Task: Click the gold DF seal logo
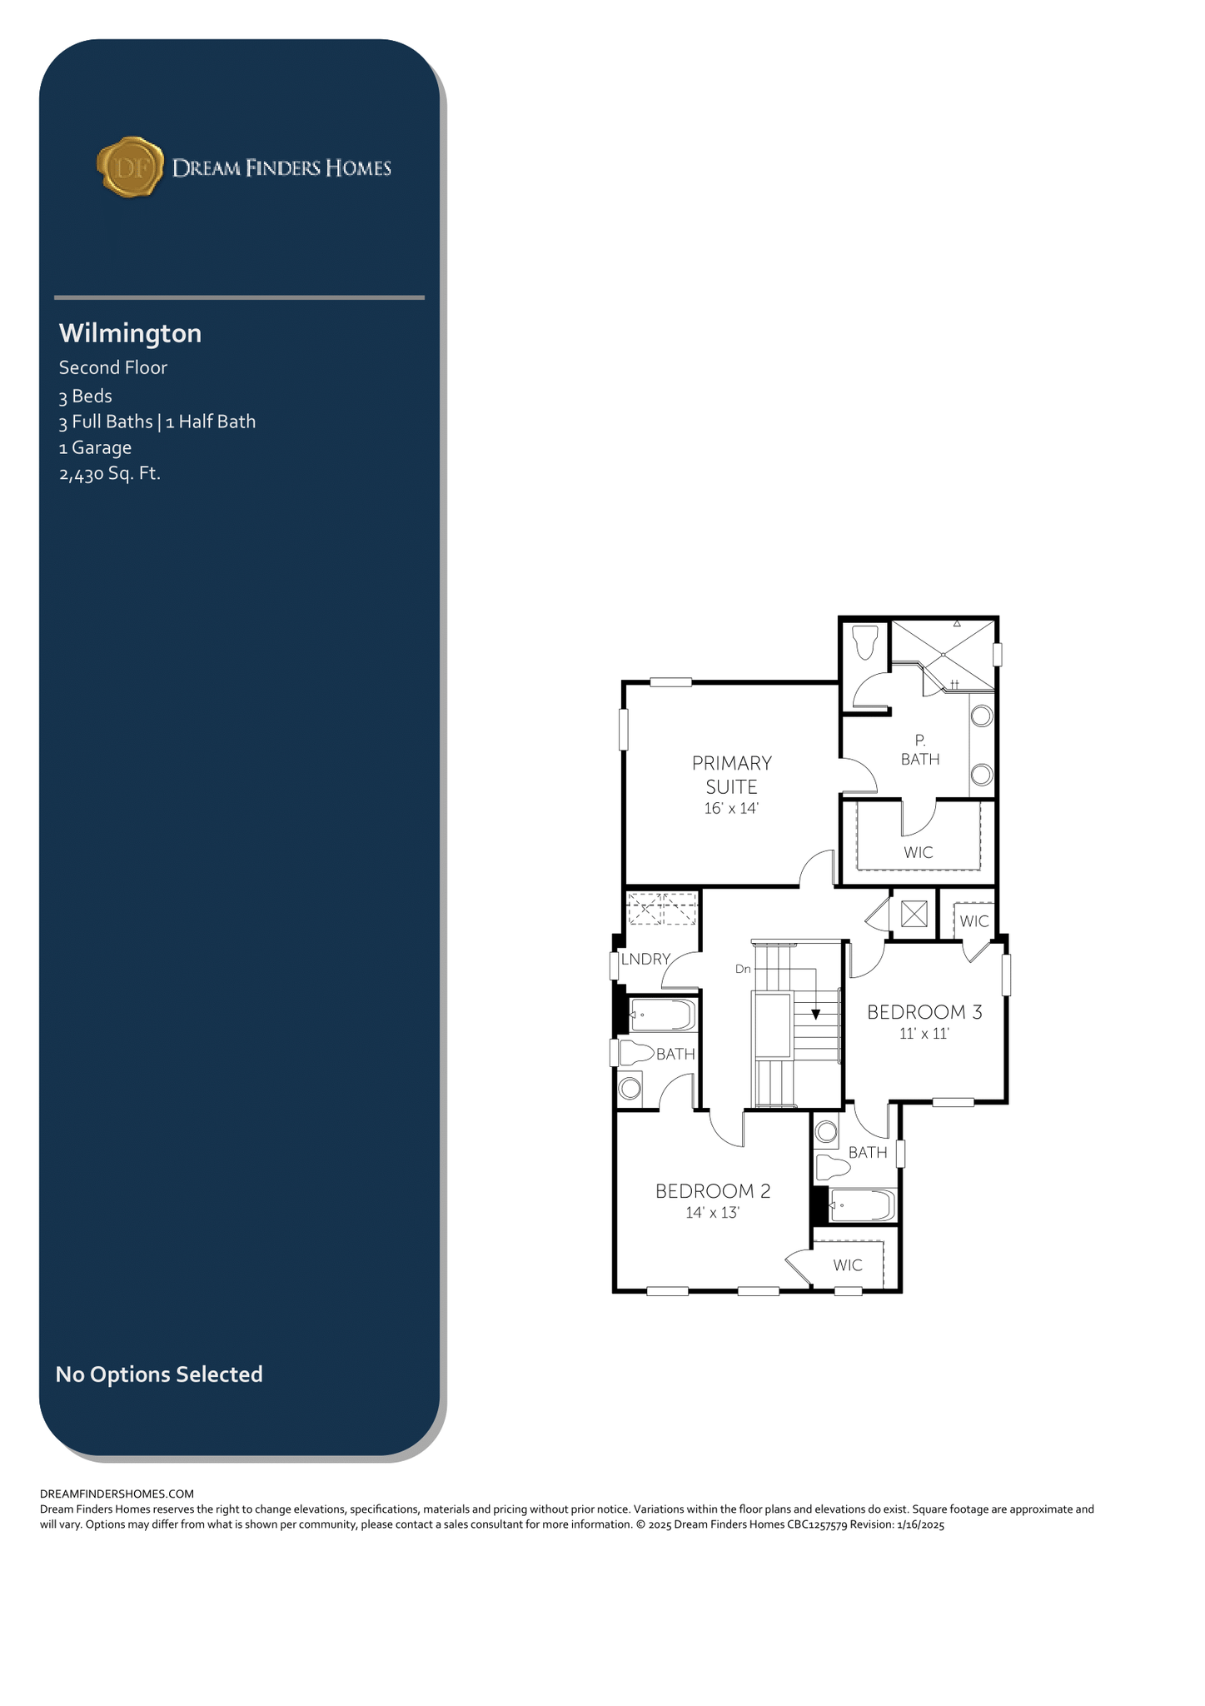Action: pos(130,167)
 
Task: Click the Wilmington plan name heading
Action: pos(130,333)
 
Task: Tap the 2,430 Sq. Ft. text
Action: pos(110,474)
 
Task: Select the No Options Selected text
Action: pos(159,1374)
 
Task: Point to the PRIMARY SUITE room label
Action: pos(732,775)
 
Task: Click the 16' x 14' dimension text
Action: pos(732,808)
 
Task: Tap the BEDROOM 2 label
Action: pos(713,1191)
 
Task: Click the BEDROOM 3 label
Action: pos(924,1012)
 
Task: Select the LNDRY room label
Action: pos(645,959)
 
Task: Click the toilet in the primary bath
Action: pos(866,641)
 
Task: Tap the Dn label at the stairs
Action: pos(743,969)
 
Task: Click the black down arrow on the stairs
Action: pos(816,1014)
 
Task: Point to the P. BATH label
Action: pos(920,750)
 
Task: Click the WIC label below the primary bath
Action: pos(919,853)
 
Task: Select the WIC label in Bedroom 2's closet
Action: pos(848,1265)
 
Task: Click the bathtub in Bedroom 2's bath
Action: pos(862,1205)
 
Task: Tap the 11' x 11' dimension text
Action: pos(924,1034)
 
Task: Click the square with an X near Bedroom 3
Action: pos(914,914)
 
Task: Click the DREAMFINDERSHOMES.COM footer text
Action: pos(117,1494)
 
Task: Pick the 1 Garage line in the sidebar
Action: pos(95,447)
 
